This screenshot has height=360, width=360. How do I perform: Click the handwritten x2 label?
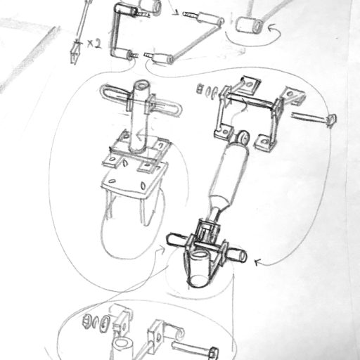(x=94, y=44)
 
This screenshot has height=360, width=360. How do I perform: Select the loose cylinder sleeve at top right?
(x=249, y=25)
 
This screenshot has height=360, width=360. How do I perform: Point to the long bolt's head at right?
(x=332, y=120)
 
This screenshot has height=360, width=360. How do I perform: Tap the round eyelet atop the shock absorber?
(x=243, y=136)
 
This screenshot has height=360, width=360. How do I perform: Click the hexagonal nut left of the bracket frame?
(x=200, y=89)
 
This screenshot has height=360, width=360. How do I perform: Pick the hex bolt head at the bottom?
(x=214, y=353)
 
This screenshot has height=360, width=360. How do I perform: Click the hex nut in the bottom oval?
(x=86, y=321)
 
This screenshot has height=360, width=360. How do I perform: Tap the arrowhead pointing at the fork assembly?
(x=258, y=262)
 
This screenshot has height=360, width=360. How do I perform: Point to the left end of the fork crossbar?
(x=169, y=240)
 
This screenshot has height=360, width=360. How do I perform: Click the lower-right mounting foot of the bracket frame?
(x=264, y=142)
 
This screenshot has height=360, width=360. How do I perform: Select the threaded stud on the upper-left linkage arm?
(x=143, y=15)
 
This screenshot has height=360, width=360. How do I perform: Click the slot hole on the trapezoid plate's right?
(x=143, y=186)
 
